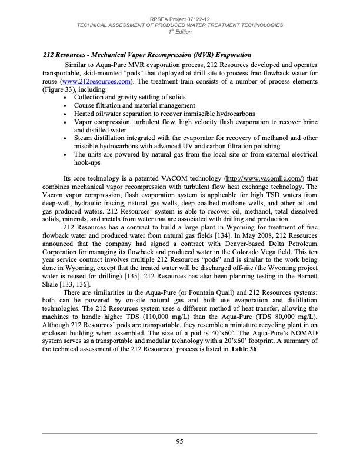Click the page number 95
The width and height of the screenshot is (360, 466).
click(180, 441)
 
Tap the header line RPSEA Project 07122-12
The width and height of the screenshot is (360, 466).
click(180, 19)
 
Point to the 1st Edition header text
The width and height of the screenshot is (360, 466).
click(180, 31)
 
